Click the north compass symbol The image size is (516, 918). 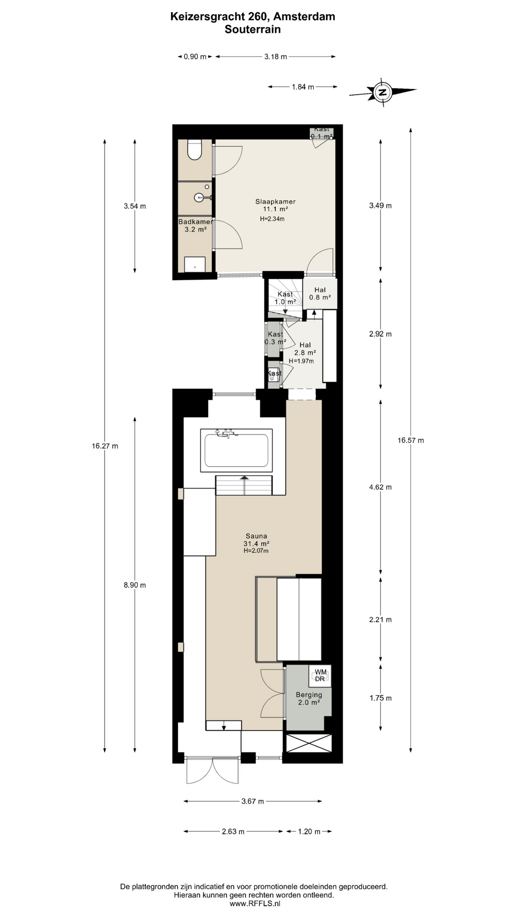[x=382, y=91]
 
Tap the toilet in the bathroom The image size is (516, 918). [x=194, y=150]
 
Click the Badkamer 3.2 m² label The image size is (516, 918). [x=195, y=226]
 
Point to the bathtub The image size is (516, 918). [x=236, y=450]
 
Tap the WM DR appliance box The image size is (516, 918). [x=320, y=676]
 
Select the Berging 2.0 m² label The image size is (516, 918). [x=309, y=699]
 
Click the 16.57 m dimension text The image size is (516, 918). [x=410, y=440]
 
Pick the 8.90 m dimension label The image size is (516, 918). [x=135, y=585]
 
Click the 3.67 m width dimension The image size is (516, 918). [x=253, y=801]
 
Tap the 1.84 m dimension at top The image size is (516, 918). [x=303, y=87]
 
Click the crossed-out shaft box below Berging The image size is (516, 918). [x=309, y=743]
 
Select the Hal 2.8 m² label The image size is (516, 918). [x=305, y=349]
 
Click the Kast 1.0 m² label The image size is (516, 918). [x=285, y=298]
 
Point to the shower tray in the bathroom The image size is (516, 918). [x=195, y=264]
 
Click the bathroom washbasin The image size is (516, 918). [x=201, y=197]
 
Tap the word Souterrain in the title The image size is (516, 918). [x=253, y=30]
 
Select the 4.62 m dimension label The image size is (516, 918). [x=380, y=487]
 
